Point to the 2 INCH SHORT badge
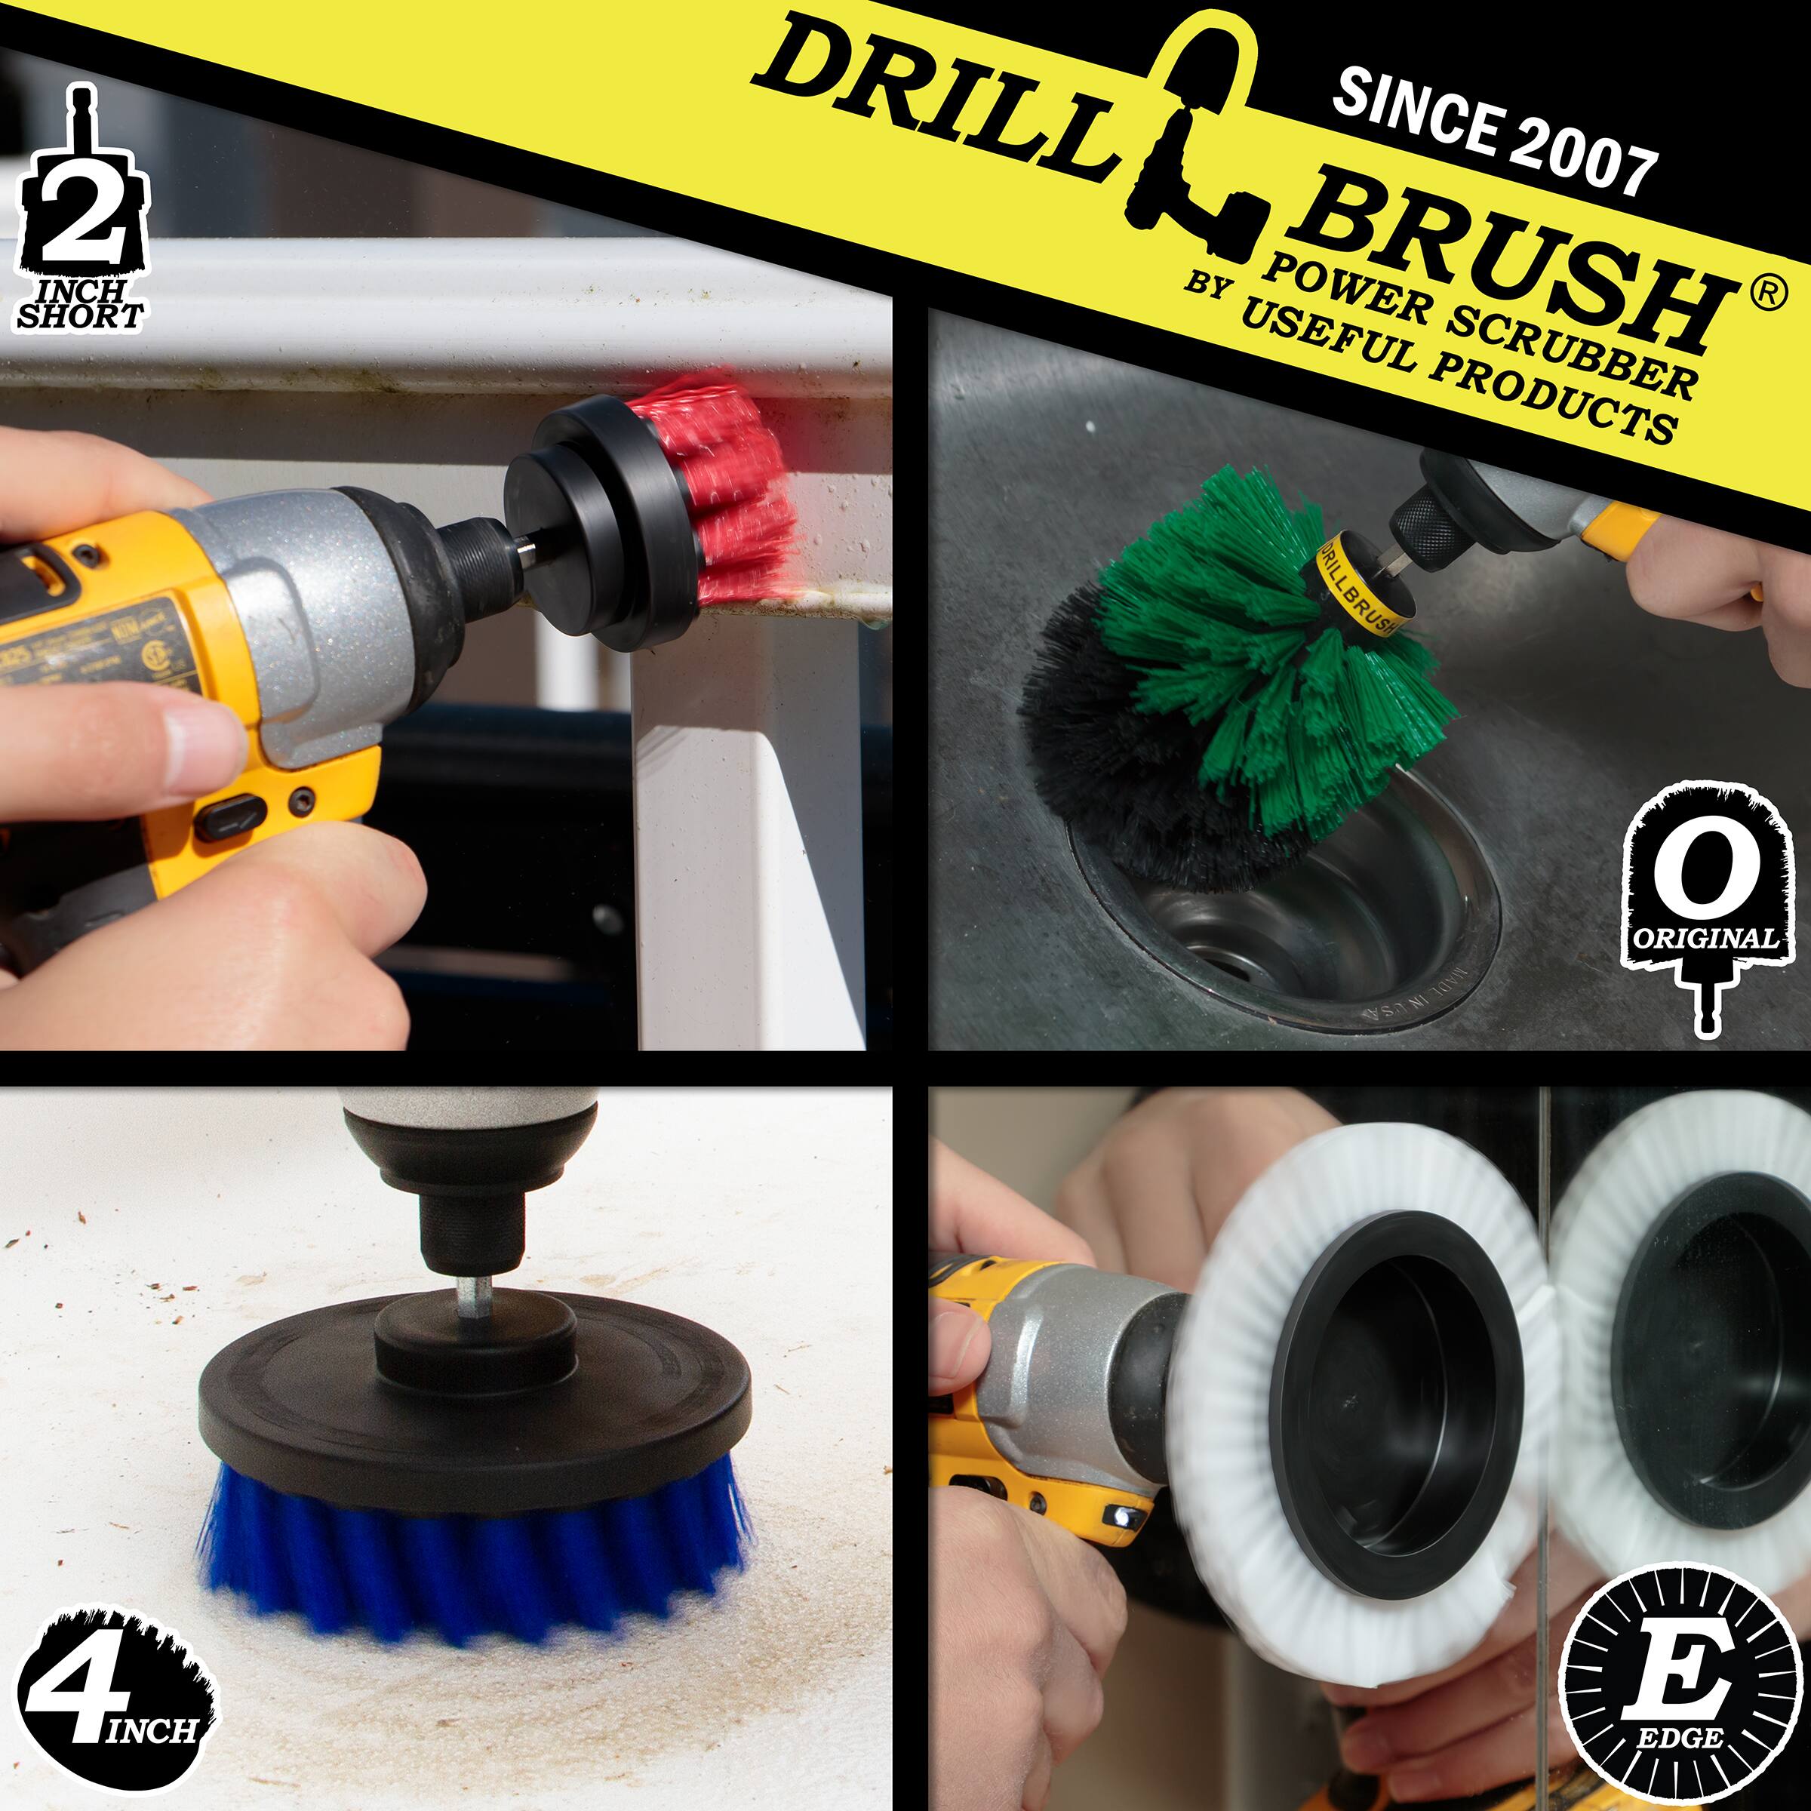pos(81,216)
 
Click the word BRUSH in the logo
pos(1509,272)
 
